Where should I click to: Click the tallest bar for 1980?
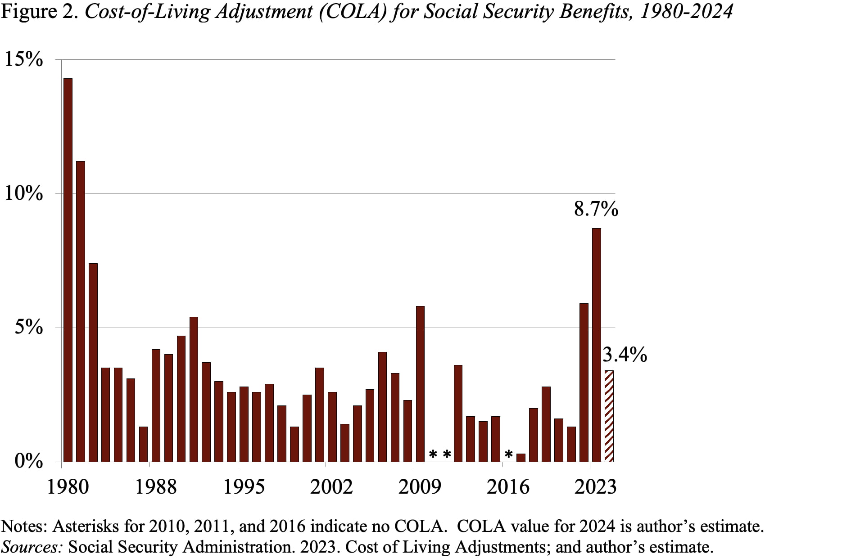coord(68,270)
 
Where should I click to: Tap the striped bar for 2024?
coord(609,416)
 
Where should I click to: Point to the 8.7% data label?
coord(596,210)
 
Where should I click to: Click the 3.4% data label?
coord(625,355)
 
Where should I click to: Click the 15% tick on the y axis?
coord(23,59)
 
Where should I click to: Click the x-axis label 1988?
coord(156,487)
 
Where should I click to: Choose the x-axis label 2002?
coord(332,487)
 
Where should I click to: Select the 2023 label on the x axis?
coord(595,487)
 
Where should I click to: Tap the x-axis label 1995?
coord(244,487)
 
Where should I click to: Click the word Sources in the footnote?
coord(32,547)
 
